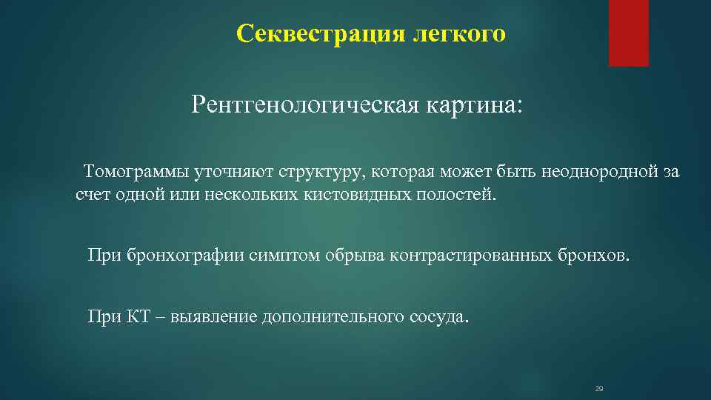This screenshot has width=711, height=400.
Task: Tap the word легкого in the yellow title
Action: (x=460, y=34)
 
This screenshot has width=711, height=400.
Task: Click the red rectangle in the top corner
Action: (x=628, y=33)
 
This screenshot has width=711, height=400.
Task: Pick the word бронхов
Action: (x=593, y=256)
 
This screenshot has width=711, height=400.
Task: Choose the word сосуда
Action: (x=438, y=317)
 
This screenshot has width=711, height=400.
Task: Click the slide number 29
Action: (x=599, y=389)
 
